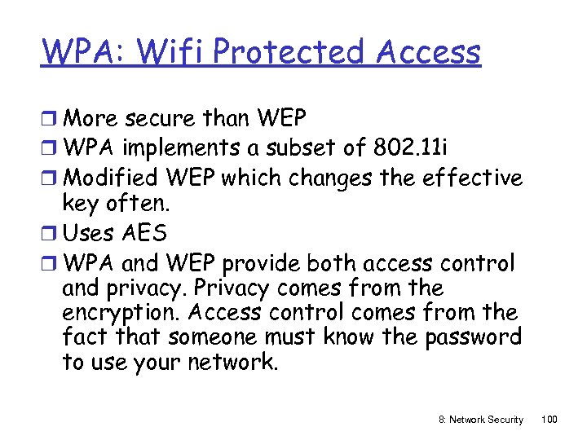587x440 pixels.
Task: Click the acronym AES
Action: tap(146, 234)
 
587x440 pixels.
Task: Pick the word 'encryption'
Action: tap(121, 314)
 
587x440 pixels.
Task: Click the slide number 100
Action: tap(549, 419)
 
